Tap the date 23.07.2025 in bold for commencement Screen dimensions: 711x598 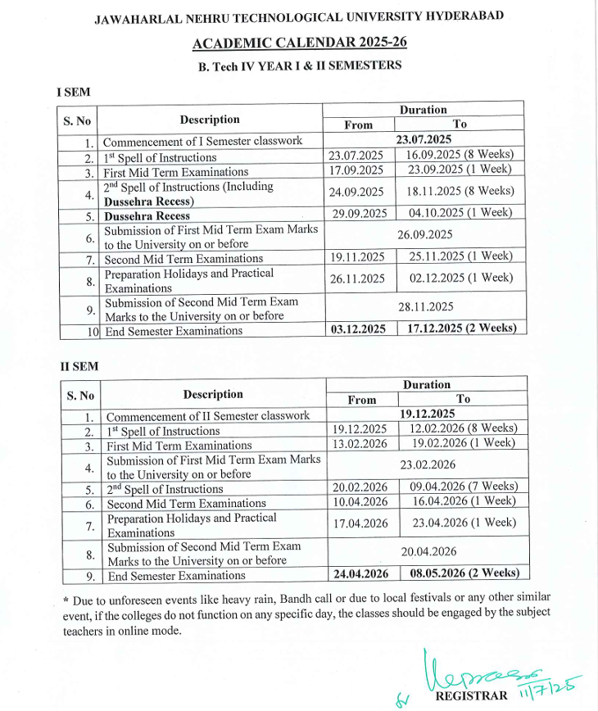coord(423,140)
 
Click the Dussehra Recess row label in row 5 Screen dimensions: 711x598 coord(147,216)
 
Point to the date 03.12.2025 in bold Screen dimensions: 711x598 coord(356,328)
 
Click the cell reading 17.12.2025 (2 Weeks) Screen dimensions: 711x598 coord(461,328)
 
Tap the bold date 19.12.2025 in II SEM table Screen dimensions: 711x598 coord(428,414)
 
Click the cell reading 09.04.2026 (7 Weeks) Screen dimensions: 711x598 coord(464,486)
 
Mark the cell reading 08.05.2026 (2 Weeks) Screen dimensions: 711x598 coord(464,573)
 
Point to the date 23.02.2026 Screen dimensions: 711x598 coord(428,464)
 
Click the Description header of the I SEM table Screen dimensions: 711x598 coord(210,120)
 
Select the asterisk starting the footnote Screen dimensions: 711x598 coord(66,597)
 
